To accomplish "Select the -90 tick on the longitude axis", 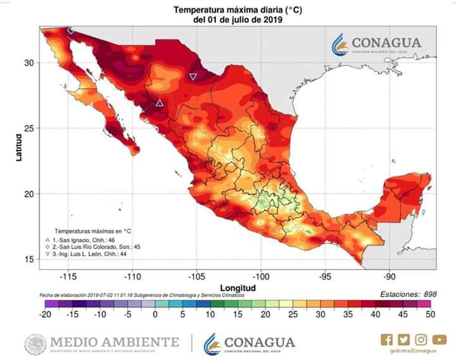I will click(x=389, y=276).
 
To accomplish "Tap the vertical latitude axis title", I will click(x=19, y=145).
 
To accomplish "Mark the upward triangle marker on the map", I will click(x=160, y=103).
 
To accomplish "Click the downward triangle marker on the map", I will click(x=193, y=77).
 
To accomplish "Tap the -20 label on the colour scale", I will click(x=44, y=314).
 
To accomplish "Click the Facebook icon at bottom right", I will click(x=386, y=340).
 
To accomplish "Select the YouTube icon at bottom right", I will click(x=440, y=340).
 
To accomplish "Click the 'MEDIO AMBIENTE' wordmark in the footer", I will click(x=114, y=342).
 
